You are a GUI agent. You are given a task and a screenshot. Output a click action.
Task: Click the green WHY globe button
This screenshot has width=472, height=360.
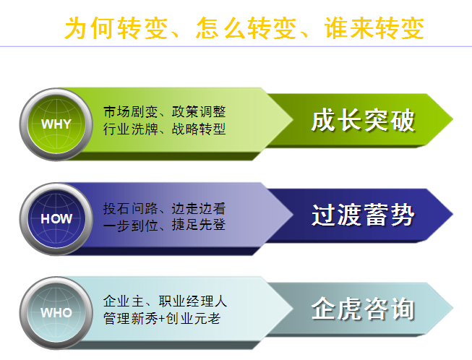(56, 124)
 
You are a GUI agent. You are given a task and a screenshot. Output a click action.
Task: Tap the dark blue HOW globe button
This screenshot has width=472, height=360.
(56, 219)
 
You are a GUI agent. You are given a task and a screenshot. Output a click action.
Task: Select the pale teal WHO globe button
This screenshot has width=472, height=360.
(56, 313)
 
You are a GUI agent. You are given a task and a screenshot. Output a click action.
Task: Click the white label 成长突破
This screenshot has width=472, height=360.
(363, 121)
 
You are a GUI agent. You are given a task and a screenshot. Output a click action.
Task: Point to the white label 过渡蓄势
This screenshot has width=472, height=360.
(363, 215)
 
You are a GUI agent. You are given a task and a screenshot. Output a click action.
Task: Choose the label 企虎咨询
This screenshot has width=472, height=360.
(363, 309)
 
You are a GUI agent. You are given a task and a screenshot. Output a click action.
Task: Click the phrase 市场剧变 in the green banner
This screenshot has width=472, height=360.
(130, 111)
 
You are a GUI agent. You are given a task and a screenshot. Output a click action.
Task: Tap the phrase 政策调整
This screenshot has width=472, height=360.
(198, 111)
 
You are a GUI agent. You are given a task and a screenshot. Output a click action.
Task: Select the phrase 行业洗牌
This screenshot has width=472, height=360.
(130, 129)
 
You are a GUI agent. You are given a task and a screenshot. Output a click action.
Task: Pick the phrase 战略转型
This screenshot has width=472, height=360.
(198, 129)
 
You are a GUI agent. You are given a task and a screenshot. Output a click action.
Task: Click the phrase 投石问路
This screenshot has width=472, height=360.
(130, 209)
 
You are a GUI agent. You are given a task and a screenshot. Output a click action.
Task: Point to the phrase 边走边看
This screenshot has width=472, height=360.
(198, 209)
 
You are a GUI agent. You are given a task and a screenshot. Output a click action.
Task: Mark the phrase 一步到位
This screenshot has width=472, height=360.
(130, 225)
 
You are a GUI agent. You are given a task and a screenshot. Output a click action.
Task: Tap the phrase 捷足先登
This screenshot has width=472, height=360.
(198, 225)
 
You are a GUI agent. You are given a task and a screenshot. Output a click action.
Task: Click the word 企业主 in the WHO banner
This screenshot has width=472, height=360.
(124, 301)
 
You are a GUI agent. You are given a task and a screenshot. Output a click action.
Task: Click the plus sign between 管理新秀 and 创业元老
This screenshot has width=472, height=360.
(162, 319)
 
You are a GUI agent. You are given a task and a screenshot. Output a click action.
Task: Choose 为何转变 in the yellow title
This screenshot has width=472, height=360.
(116, 28)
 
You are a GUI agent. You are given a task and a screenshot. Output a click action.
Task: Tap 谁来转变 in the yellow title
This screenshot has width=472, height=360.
(374, 28)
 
